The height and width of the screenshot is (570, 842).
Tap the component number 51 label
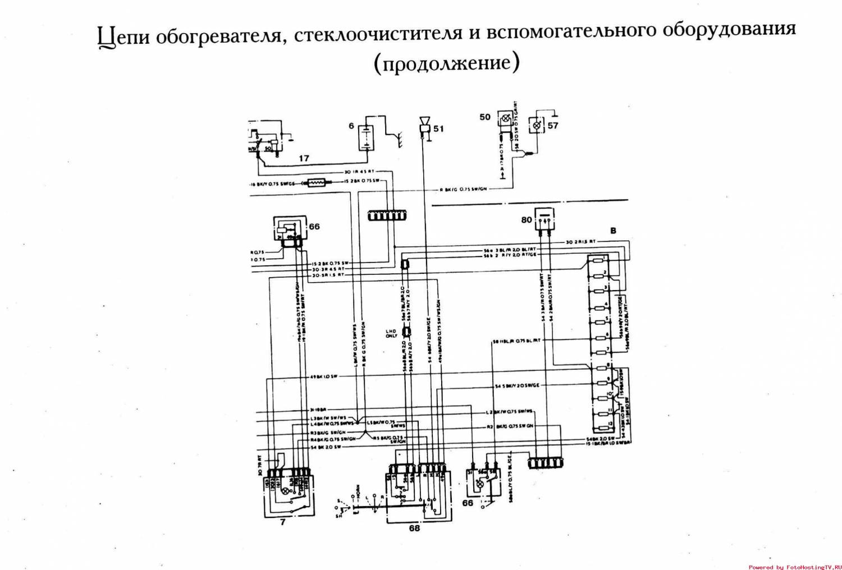pos(438,128)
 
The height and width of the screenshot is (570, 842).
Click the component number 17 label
pos(304,158)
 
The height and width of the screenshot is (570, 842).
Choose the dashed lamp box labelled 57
pos(537,125)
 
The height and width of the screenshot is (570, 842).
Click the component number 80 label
pos(526,220)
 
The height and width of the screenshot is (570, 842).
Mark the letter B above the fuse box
pos(613,231)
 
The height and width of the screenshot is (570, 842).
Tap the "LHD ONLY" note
pos(391,333)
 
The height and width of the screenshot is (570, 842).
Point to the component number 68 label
pos(414,527)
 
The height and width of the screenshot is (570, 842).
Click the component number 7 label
pos(282,522)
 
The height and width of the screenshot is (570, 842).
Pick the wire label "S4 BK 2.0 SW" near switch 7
pos(326,447)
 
